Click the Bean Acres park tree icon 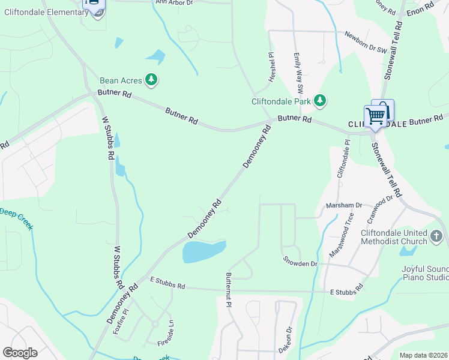pyautogui.click(x=152, y=79)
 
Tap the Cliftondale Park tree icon pyautogui.click(x=320, y=101)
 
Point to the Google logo pyautogui.click(x=20, y=352)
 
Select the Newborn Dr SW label pyautogui.click(x=366, y=44)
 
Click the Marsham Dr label pyautogui.click(x=344, y=205)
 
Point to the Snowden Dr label pyautogui.click(x=300, y=263)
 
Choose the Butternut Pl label pyautogui.click(x=229, y=290)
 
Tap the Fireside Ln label pyautogui.click(x=170, y=331)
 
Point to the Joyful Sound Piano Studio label pyautogui.click(x=425, y=273)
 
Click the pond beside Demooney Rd pyautogui.click(x=204, y=251)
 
